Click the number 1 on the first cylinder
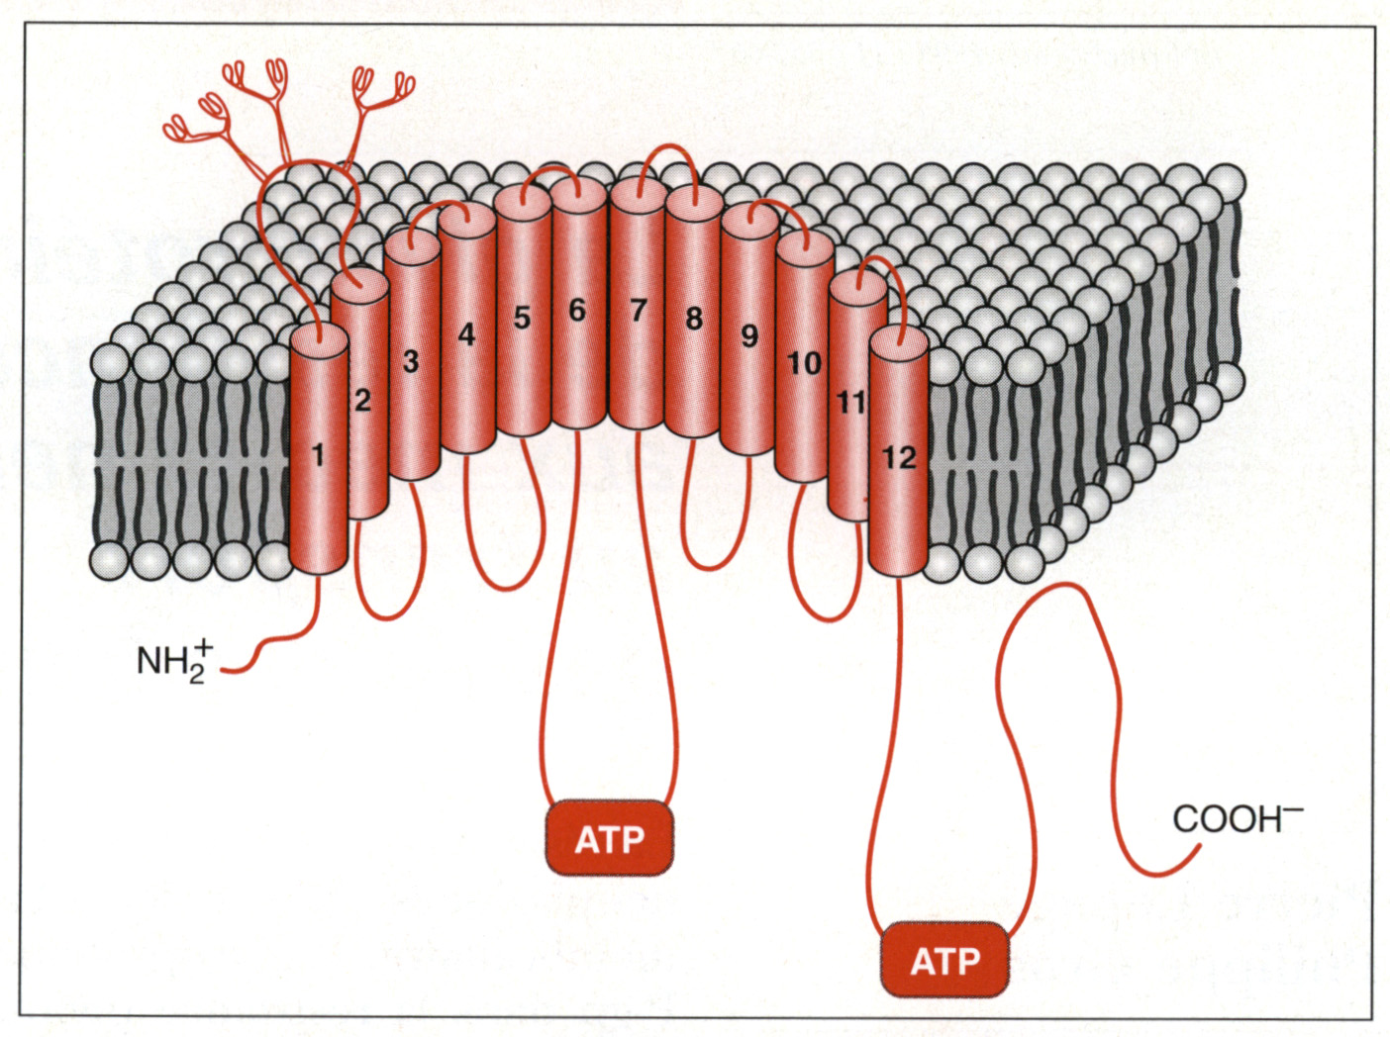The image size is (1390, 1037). [318, 455]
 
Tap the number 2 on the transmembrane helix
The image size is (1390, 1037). [362, 400]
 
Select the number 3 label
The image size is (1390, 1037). [411, 362]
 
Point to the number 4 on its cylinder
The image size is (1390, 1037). [466, 334]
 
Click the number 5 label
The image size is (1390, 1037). [522, 318]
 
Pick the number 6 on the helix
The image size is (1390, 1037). [577, 310]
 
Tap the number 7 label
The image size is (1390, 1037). [638, 311]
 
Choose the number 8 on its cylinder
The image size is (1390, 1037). [694, 319]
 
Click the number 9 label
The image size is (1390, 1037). [749, 336]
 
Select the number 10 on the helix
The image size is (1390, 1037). [803, 363]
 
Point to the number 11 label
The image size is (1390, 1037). [850, 402]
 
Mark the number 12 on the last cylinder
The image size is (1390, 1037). [898, 457]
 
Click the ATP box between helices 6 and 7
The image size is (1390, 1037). [610, 839]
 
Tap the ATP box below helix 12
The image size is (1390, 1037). [944, 960]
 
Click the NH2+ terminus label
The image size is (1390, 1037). [173, 659]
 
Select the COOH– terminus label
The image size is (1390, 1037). [1237, 818]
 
